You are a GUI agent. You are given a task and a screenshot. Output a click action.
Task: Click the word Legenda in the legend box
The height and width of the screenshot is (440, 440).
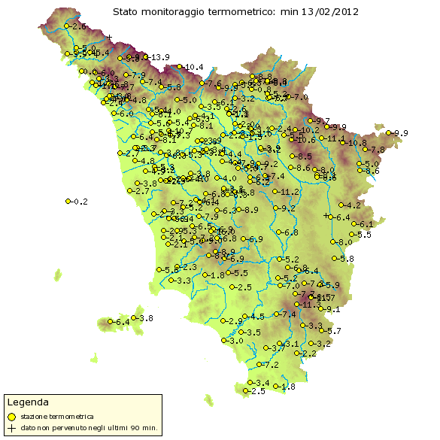[29, 402]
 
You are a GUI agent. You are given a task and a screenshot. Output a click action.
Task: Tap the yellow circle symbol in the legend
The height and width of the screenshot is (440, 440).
[11, 416]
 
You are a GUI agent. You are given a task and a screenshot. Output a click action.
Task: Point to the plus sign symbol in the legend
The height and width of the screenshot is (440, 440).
[11, 428]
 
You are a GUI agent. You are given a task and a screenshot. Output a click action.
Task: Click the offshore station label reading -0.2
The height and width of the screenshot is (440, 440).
[79, 202]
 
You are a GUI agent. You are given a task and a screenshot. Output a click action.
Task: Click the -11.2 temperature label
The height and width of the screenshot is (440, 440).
[290, 193]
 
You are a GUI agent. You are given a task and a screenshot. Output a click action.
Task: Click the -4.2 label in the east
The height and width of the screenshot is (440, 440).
[354, 205]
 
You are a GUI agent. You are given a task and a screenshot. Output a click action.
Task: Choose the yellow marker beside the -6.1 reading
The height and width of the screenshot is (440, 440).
[354, 224]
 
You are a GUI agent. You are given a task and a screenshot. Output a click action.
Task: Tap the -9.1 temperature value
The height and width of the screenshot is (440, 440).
[332, 309]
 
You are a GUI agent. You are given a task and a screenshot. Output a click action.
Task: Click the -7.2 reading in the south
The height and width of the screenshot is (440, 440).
[271, 365]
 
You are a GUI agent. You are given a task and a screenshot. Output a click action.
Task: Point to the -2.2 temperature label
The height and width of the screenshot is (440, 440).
[308, 354]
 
